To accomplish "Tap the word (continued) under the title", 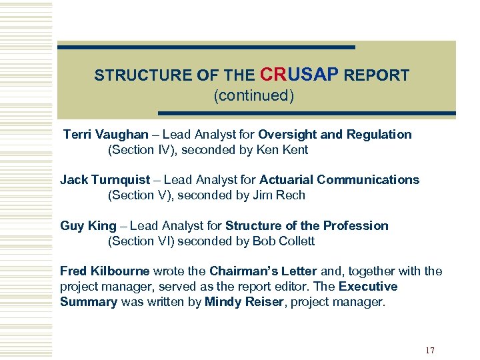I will click(x=253, y=95).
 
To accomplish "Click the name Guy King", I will click(x=88, y=225).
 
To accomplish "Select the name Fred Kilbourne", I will click(x=105, y=271).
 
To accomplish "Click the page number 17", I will click(x=429, y=351).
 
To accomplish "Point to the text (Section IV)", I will click(x=138, y=150).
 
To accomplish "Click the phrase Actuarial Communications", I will click(x=339, y=179).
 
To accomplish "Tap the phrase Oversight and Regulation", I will click(x=335, y=134).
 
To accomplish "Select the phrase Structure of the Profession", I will click(x=307, y=225).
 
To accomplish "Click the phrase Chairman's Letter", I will click(x=263, y=271).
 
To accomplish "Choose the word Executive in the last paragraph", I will click(x=368, y=287).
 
